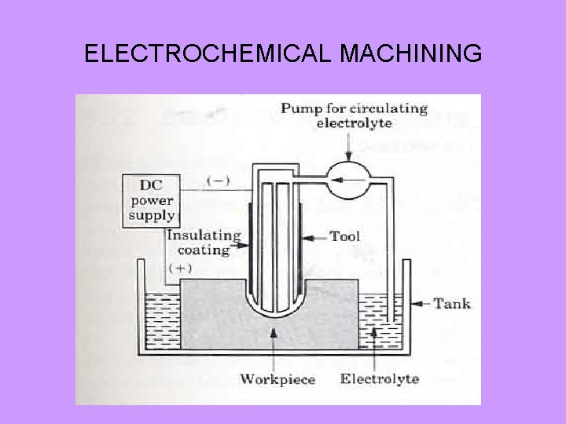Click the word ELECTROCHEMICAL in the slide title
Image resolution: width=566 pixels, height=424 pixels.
(210, 54)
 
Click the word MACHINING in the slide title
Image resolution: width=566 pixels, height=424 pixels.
(412, 54)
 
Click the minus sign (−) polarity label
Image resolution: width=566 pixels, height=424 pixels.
(217, 181)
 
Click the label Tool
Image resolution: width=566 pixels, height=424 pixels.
(347, 236)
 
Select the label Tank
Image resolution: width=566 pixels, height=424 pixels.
(452, 303)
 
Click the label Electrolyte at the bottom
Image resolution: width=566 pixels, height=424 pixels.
(380, 380)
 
